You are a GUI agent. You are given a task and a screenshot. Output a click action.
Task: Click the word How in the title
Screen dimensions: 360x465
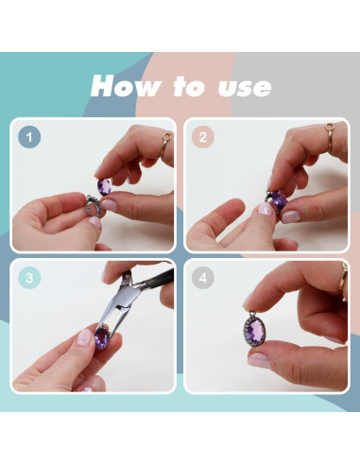click(126, 86)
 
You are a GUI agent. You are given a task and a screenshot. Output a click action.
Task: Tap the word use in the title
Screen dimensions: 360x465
click(245, 87)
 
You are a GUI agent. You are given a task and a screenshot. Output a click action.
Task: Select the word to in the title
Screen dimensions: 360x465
click(189, 86)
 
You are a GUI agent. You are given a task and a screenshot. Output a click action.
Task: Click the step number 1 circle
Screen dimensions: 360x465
click(29, 137)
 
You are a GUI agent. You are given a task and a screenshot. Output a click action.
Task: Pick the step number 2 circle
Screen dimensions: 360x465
click(203, 137)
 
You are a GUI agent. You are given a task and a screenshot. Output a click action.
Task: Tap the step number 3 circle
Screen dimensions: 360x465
click(29, 278)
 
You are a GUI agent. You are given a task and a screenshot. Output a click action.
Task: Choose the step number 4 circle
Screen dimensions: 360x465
click(203, 278)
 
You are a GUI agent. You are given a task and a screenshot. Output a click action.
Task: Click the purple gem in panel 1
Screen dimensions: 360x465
click(104, 186)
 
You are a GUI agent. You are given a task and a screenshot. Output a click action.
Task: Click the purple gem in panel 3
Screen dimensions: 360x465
click(102, 337)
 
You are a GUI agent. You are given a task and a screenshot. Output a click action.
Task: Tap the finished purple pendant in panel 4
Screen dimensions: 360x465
click(255, 333)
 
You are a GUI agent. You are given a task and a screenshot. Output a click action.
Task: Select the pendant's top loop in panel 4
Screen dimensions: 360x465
click(252, 315)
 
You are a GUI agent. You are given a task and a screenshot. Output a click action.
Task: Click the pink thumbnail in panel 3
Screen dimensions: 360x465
click(84, 336)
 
